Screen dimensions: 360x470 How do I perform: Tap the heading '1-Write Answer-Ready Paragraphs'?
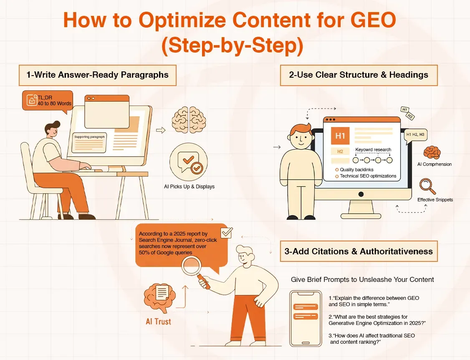tap(97, 75)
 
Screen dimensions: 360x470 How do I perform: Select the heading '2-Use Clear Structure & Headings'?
tap(359, 75)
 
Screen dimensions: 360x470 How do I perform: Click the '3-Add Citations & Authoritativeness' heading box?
tap(359, 251)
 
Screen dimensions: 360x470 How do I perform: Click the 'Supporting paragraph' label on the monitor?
tap(89, 137)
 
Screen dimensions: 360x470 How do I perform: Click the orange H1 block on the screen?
tap(340, 136)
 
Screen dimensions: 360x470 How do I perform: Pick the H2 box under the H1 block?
tap(340, 151)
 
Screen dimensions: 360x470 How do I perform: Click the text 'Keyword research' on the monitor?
tap(373, 150)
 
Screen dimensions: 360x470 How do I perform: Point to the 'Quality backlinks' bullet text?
tap(356, 170)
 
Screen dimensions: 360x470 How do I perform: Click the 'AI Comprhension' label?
tap(434, 164)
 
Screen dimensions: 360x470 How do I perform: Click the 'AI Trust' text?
tap(158, 322)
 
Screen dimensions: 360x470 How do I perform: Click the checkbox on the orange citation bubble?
tap(226, 232)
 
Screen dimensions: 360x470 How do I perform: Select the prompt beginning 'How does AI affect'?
tap(371, 339)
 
